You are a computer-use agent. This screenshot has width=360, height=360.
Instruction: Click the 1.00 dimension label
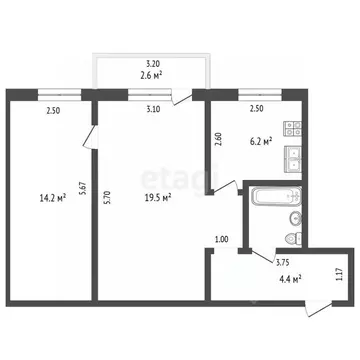pyautogui.click(x=222, y=240)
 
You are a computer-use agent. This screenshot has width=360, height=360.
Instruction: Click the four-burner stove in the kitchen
pyautogui.click(x=292, y=129)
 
